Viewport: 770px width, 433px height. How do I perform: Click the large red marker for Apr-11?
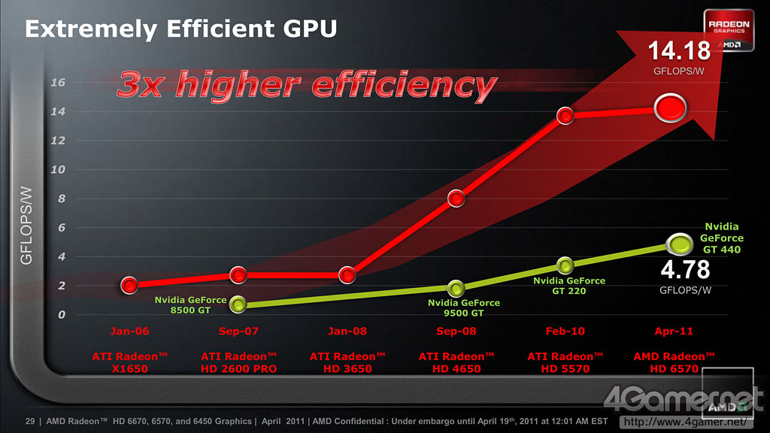coord(671,108)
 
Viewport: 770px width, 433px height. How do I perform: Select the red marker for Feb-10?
coord(565,115)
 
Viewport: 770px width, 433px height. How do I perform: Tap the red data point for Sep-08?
coord(456,198)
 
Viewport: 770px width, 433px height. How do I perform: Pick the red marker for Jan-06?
coord(129,285)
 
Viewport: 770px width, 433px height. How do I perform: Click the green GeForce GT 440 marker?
coord(680,244)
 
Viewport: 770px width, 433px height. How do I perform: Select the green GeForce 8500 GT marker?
coord(238,304)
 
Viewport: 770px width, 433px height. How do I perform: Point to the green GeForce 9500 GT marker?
coord(456,288)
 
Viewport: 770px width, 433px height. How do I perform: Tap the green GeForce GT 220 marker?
coord(565,265)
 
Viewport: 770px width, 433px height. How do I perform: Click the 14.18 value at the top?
coord(680,51)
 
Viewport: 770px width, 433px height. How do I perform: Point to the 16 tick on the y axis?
coord(58,82)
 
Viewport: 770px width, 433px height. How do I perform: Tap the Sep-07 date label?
coord(238,331)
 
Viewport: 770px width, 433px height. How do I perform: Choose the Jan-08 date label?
coord(347,331)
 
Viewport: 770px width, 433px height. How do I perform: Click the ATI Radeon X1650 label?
coord(129,362)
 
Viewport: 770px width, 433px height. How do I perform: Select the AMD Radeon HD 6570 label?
coord(674,362)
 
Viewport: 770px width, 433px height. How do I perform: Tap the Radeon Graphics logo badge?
coord(727,32)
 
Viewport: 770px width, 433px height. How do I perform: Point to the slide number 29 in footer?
coord(31,421)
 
